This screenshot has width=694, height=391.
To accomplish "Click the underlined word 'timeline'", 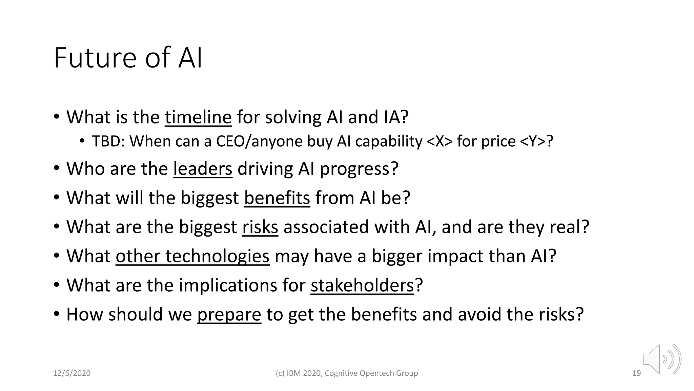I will (198, 117).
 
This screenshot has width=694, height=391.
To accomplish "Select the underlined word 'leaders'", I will (203, 169).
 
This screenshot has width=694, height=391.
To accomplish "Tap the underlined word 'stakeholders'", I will (362, 285).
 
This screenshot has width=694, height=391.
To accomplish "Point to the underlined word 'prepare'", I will (229, 315).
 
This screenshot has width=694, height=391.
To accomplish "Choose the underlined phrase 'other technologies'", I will (192, 256).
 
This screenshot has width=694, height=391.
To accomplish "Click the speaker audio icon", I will (661, 359).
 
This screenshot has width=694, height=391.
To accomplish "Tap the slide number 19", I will (636, 373).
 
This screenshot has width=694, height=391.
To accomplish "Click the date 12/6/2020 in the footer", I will (72, 373).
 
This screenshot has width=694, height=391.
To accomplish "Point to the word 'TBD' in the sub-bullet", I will (106, 141).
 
